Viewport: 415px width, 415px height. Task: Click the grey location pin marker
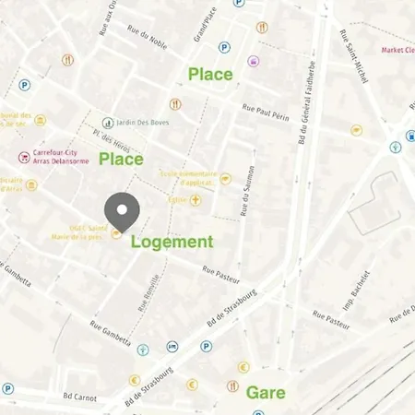121,211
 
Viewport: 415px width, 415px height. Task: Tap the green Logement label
172,243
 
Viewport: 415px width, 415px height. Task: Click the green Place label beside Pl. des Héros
121,160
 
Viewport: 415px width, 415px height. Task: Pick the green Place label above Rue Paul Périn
210,74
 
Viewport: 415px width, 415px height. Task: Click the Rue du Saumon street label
246,190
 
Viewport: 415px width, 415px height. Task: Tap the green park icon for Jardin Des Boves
108,122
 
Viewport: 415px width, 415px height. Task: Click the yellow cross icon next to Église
196,199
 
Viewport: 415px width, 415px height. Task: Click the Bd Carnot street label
79,397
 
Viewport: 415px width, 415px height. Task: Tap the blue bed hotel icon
172,347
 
